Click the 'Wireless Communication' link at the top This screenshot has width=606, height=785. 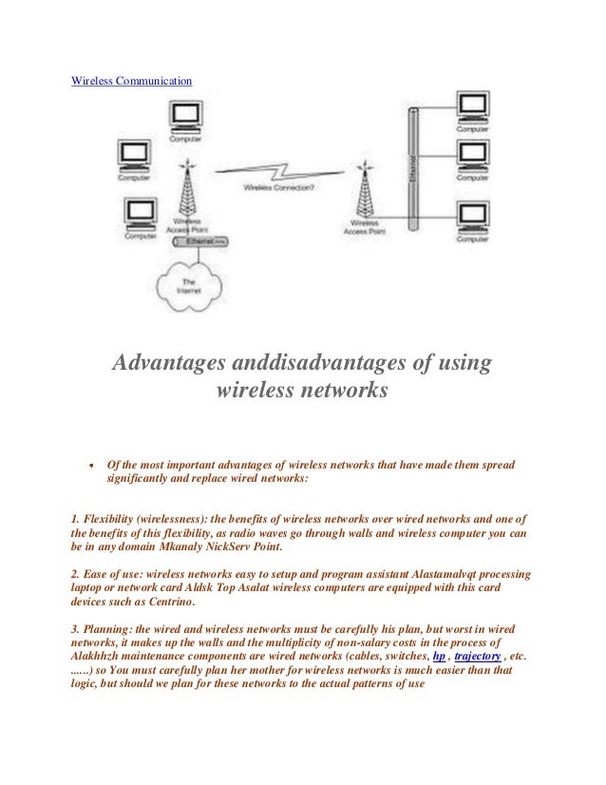(132, 81)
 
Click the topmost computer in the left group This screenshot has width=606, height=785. (186, 117)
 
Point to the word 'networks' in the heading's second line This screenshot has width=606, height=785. (345, 391)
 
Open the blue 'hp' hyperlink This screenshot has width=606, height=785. (438, 656)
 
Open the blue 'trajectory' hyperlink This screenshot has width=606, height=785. (477, 656)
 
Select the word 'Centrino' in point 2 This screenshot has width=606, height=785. (168, 602)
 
